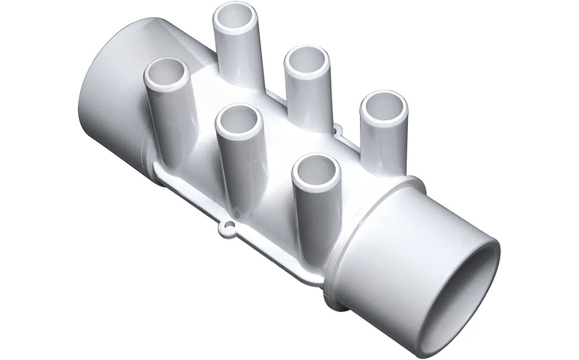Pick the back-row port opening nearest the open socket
(x=383, y=107)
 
